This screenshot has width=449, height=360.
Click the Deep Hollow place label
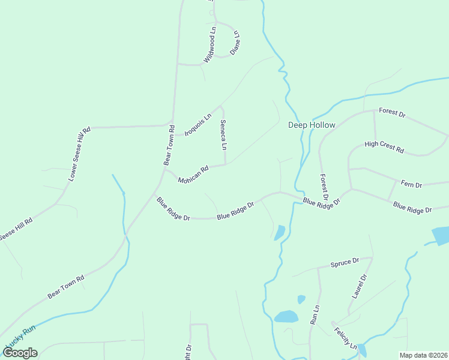(x=312, y=125)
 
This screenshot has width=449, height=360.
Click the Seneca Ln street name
(x=223, y=135)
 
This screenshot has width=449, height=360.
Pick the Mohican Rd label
(x=193, y=175)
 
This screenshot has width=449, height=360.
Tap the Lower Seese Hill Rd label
(x=79, y=154)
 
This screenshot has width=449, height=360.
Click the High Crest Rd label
(x=384, y=147)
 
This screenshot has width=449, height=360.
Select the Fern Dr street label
(x=411, y=184)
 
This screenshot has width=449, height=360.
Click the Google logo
(x=20, y=353)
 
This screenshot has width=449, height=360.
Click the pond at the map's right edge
(x=441, y=235)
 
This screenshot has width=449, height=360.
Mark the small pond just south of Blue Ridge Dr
(x=280, y=232)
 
